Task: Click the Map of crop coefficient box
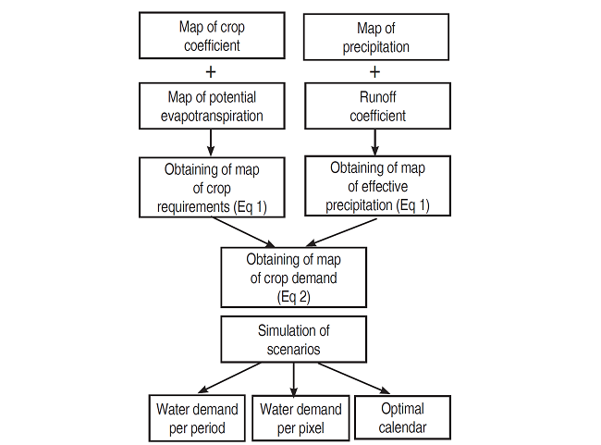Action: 212,35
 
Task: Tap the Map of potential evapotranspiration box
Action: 212,105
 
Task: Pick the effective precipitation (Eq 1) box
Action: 377,185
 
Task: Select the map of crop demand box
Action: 293,277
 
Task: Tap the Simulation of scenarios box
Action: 293,340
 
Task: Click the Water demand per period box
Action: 197,418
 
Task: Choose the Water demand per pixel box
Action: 300,418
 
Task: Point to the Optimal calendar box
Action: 403,418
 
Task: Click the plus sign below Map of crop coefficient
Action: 212,70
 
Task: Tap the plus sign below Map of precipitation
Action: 374,70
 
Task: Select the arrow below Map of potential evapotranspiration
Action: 212,141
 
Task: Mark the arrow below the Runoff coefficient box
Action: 374,140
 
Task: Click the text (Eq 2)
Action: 293,296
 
